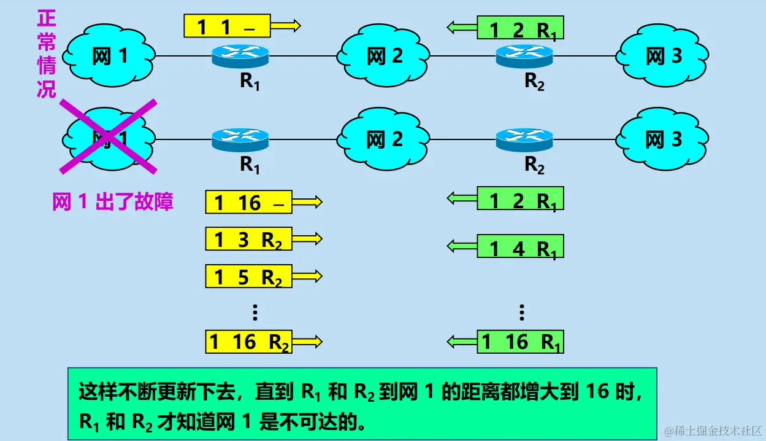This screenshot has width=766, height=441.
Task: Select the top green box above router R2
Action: point(520,28)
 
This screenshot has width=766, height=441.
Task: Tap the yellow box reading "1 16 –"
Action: point(248,203)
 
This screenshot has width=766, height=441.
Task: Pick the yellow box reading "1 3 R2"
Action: point(248,240)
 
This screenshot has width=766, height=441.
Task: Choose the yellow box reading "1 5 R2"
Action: point(248,277)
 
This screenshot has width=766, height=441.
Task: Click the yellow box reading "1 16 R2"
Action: point(248,341)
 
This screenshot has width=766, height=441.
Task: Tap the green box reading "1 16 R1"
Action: point(520,341)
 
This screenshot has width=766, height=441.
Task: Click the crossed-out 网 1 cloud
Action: point(109,138)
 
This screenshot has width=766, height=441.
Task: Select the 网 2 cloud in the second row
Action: point(385,139)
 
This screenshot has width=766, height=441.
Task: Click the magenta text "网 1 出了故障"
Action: point(113,201)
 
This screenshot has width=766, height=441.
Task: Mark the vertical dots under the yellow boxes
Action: point(255,313)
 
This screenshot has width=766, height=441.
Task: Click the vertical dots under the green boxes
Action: point(521,313)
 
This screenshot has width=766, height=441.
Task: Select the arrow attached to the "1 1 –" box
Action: point(285,26)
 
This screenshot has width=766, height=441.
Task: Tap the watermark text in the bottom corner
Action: point(713,431)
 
